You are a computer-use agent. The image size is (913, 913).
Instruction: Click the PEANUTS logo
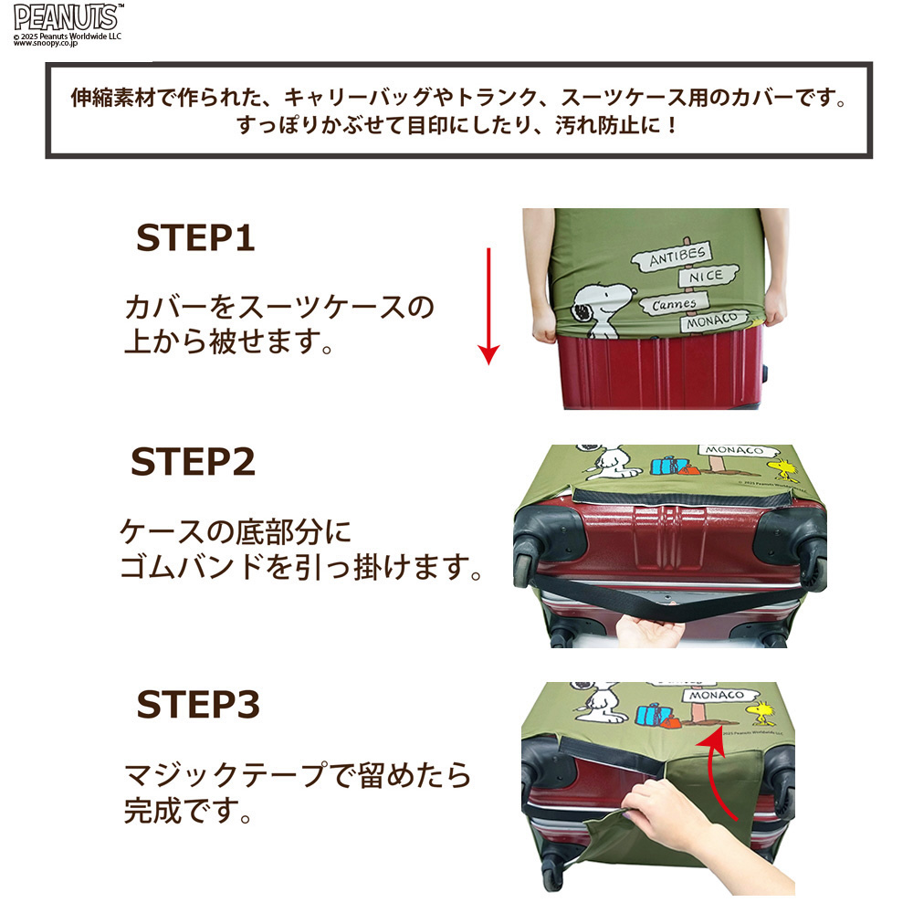tap(68, 17)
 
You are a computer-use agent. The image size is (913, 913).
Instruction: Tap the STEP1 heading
tap(195, 238)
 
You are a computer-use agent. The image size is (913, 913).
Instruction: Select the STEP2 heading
tap(194, 462)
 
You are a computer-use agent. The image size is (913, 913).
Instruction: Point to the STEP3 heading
tap(198, 705)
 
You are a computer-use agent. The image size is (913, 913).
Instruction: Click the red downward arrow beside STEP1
tap(488, 306)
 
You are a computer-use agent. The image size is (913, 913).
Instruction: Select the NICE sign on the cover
tap(708, 276)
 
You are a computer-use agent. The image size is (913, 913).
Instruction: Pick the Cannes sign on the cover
tap(674, 304)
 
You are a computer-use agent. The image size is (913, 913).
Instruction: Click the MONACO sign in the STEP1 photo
tap(713, 320)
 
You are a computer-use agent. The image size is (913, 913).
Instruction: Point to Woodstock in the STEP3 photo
tap(763, 713)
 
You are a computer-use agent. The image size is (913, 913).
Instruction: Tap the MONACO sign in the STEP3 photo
tap(719, 695)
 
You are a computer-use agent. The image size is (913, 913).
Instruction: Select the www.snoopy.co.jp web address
tap(45, 43)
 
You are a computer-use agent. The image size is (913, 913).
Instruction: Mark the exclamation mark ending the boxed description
tap(673, 124)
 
